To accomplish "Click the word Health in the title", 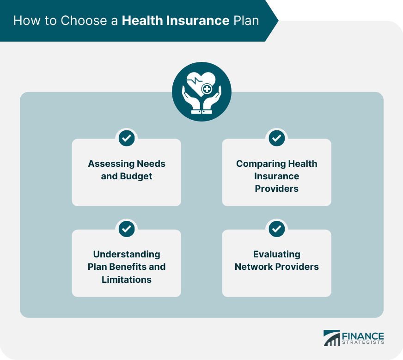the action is [x=142, y=20].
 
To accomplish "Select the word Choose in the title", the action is [x=84, y=20].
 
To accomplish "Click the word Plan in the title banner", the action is [x=246, y=20].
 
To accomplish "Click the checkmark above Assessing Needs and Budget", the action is [x=127, y=138].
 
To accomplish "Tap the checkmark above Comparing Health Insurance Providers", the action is [x=276, y=138].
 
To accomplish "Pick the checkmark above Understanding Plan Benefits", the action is [x=127, y=229].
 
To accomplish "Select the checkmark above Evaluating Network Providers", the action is [x=276, y=229].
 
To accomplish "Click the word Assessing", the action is [x=111, y=164].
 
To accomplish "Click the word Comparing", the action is [x=261, y=164].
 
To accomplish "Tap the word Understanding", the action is [x=127, y=254].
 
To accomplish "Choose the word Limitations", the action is [x=127, y=280].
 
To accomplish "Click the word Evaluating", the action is [x=276, y=254].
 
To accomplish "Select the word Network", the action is [x=254, y=267].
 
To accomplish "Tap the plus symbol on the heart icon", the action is [x=207, y=89].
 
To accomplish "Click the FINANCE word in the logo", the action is [x=363, y=336].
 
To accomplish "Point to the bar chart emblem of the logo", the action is [x=331, y=338].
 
